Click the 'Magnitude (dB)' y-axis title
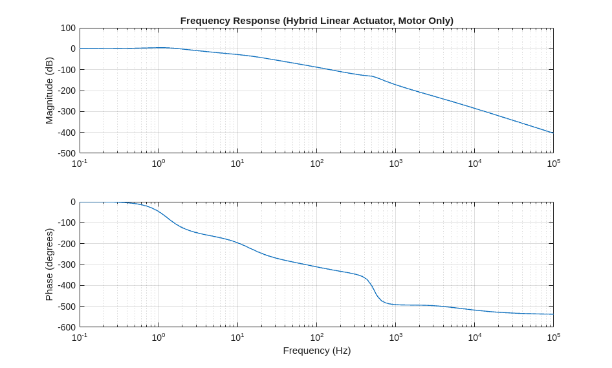tap(49, 91)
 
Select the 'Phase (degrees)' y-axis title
tap(49, 264)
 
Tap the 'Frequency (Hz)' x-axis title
tap(316, 351)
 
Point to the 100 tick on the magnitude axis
tap(68, 28)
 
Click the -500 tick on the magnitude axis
tap(66, 153)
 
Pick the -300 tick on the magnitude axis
tap(66, 111)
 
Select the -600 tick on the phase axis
tap(66, 327)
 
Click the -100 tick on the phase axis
tap(66, 223)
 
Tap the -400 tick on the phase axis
tap(66, 285)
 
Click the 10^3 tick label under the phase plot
tap(395, 337)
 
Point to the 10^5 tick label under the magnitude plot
tap(553, 163)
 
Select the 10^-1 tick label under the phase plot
tap(80, 337)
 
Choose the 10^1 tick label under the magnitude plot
tap(237, 163)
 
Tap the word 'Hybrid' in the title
tap(304, 21)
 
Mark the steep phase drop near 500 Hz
tap(374, 291)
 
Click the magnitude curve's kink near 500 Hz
tap(373, 77)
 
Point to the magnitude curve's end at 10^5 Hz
tap(552, 133)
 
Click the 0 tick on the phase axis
tap(72, 202)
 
